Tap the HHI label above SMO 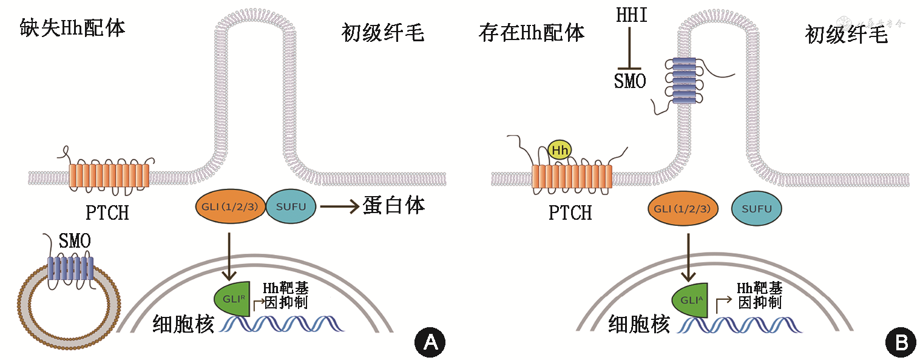pyautogui.click(x=631, y=15)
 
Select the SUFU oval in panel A pyautogui.click(x=291, y=206)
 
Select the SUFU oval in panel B pyautogui.click(x=756, y=209)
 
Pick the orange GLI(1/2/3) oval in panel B pyautogui.click(x=683, y=209)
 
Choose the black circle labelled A pyautogui.click(x=430, y=342)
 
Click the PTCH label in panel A pyautogui.click(x=107, y=213)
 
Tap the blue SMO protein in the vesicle pyautogui.click(x=70, y=268)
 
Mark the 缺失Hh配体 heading pyautogui.click(x=72, y=28)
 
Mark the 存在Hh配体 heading pyautogui.click(x=531, y=32)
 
